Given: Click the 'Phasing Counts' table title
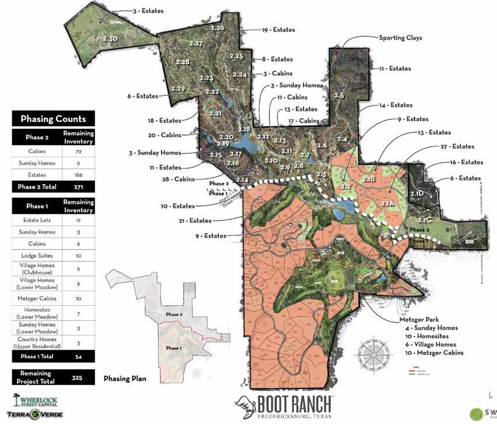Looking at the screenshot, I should pos(53,119).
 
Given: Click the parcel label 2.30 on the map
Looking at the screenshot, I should pos(110,38).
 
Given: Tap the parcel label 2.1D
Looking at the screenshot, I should pos(417,193).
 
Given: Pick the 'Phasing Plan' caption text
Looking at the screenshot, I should pos(125,379).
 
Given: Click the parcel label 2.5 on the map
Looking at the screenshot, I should pos(339,95).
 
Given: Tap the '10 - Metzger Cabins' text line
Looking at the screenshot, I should pos(433,353).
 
